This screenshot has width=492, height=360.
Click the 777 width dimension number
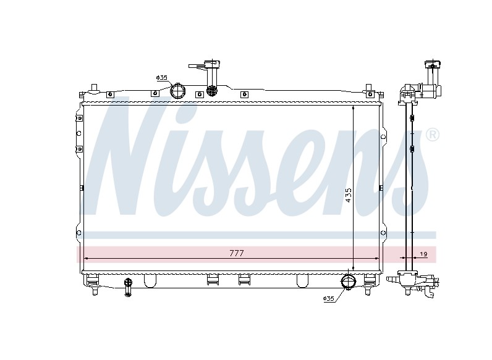(x=237, y=253)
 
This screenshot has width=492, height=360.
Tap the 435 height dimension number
(x=348, y=195)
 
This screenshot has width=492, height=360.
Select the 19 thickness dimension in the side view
(x=423, y=254)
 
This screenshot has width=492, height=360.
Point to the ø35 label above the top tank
(x=161, y=77)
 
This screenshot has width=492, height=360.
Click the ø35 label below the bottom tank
(x=329, y=298)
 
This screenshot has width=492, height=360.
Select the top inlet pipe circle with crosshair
(x=177, y=91)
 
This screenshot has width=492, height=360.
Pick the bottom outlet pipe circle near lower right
(x=348, y=282)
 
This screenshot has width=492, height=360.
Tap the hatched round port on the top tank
(x=212, y=91)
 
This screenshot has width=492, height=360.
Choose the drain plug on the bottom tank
(x=128, y=287)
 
